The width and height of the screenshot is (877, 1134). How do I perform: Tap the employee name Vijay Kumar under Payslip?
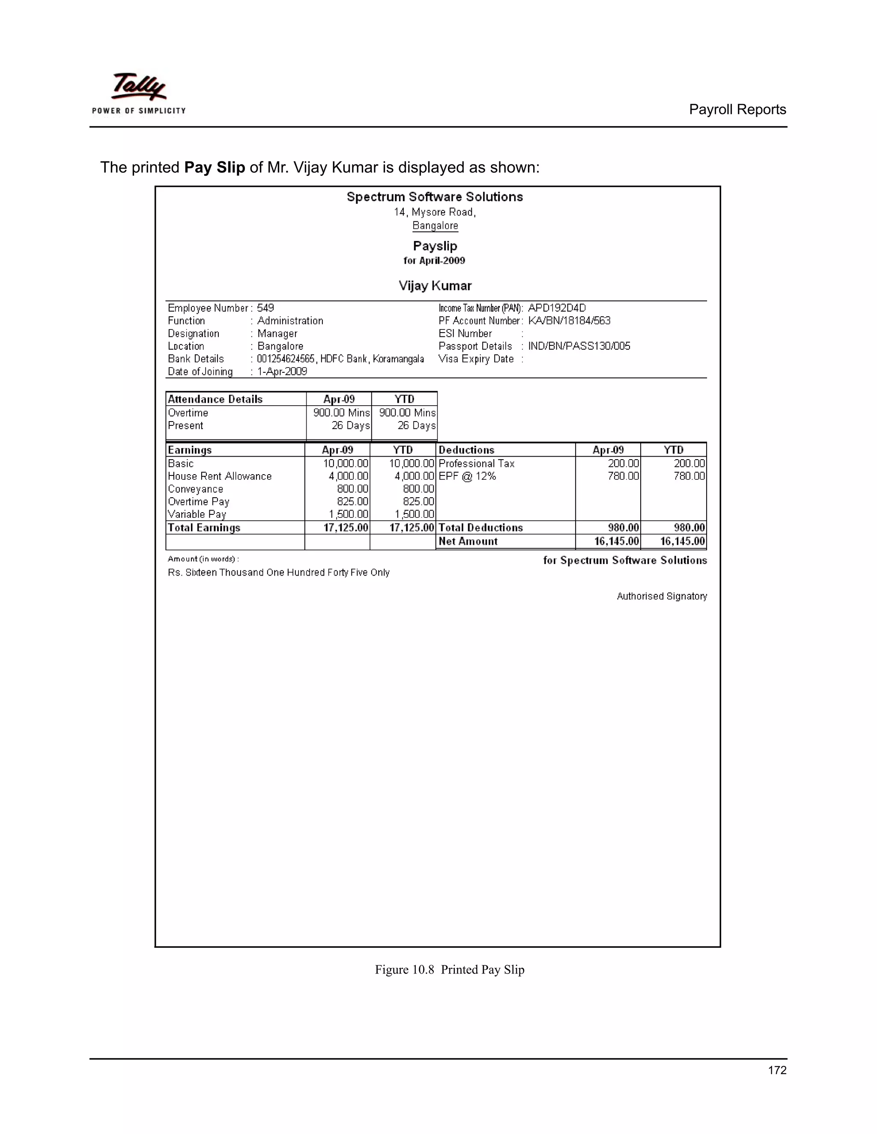click(x=435, y=285)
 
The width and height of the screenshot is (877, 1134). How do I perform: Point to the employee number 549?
click(x=265, y=308)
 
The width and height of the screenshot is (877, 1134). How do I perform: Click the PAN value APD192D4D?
click(x=556, y=308)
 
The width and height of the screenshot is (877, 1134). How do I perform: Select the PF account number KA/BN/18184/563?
click(x=569, y=321)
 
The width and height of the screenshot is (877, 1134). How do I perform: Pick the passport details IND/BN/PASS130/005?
click(x=579, y=346)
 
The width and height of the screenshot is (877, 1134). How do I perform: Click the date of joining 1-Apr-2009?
click(x=282, y=372)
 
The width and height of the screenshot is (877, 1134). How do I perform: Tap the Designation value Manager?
click(x=277, y=333)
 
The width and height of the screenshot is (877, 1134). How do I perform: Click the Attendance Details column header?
click(x=215, y=399)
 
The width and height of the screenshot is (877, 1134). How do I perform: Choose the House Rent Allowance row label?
click(x=219, y=476)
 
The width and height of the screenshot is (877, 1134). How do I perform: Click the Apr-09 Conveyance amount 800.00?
click(x=352, y=489)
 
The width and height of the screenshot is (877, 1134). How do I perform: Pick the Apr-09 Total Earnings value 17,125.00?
click(x=346, y=528)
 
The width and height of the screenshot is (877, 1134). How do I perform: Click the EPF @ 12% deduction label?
click(x=467, y=476)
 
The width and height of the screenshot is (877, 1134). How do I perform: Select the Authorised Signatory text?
click(x=661, y=597)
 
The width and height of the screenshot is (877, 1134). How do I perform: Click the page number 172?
click(x=777, y=1070)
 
